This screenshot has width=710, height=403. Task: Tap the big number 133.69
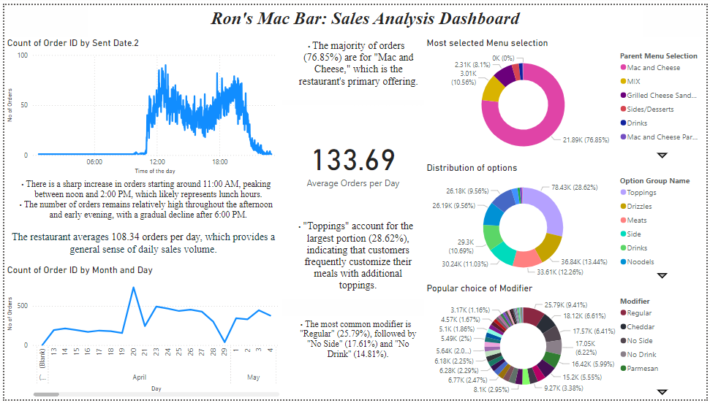[354, 161]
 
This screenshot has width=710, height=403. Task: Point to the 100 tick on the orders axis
[23, 55]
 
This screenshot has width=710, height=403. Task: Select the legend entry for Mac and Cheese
[653, 68]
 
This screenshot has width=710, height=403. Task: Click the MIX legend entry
[633, 82]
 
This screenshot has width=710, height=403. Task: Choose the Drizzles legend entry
[641, 207]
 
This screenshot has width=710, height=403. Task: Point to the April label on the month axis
[139, 378]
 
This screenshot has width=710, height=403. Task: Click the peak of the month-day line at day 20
[133, 288]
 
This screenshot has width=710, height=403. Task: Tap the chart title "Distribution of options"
[472, 168]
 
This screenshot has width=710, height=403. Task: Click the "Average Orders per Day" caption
[353, 183]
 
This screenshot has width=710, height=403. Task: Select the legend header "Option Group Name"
[654, 181]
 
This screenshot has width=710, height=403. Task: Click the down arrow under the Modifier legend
[662, 391]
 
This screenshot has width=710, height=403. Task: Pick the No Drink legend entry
[641, 355]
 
